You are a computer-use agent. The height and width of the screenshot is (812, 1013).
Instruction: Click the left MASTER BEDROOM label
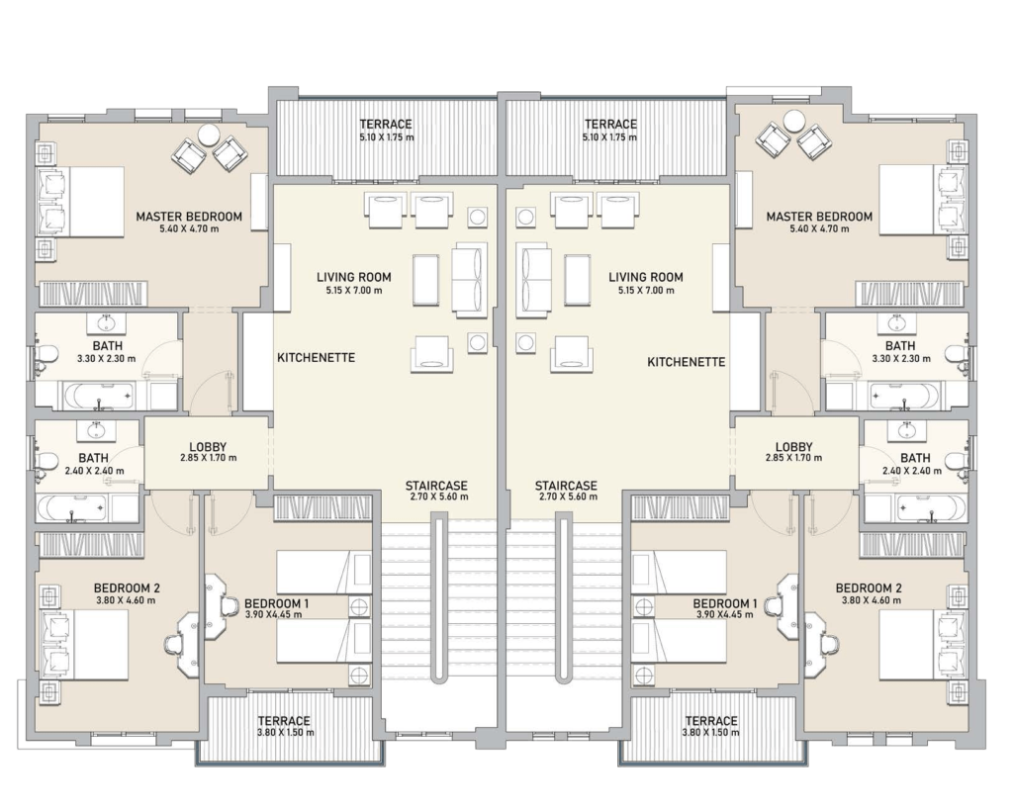coord(189,217)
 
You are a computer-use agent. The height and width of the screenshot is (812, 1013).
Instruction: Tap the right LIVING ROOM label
coord(645,277)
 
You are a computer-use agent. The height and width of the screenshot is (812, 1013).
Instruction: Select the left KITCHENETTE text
coord(316,357)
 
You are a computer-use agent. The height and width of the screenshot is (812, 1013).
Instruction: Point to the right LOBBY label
coord(793,446)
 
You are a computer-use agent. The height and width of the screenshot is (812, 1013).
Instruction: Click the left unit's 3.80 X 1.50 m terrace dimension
coord(286,733)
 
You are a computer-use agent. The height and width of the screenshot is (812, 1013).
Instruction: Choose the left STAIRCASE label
coord(436,486)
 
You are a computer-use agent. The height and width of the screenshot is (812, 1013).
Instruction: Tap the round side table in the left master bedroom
coord(210,135)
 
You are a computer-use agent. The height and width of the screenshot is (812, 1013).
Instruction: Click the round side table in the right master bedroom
coord(794,121)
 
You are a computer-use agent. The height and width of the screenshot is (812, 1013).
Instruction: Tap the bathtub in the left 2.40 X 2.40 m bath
coord(72,508)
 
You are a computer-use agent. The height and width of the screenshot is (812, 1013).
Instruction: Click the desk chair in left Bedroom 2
coord(175,644)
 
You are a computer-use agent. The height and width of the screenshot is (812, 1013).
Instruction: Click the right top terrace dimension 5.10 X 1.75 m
coord(609,137)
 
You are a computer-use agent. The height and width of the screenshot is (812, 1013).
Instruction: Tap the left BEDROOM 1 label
coord(277,603)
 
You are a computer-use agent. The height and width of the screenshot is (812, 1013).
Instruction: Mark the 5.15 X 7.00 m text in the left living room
coord(354,291)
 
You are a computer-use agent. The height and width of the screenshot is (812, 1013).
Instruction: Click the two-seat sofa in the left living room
coord(469,280)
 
